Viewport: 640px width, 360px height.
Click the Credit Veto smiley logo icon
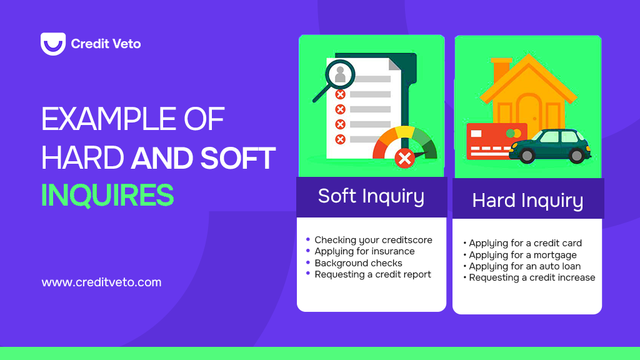[x=52, y=44]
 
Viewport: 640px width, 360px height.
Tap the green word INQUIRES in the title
[x=107, y=196]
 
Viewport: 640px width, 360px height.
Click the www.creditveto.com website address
[x=101, y=282]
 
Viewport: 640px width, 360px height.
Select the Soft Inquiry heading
[x=371, y=196]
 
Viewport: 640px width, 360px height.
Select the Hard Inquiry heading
[x=527, y=201]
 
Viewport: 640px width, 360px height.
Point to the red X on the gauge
[x=405, y=159]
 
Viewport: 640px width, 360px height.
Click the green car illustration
[x=550, y=146]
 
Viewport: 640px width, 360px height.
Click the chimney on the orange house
[x=501, y=67]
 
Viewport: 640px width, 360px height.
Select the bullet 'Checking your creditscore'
[x=373, y=240]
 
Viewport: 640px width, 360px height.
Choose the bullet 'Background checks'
[x=358, y=263]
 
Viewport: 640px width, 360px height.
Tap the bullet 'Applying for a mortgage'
[x=522, y=255]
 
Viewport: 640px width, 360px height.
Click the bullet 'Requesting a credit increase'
[x=532, y=277]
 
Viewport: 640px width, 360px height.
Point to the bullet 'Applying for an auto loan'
[x=524, y=266]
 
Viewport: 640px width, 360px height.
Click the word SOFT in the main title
[x=237, y=158]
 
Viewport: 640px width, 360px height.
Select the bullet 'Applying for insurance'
[x=364, y=251]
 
